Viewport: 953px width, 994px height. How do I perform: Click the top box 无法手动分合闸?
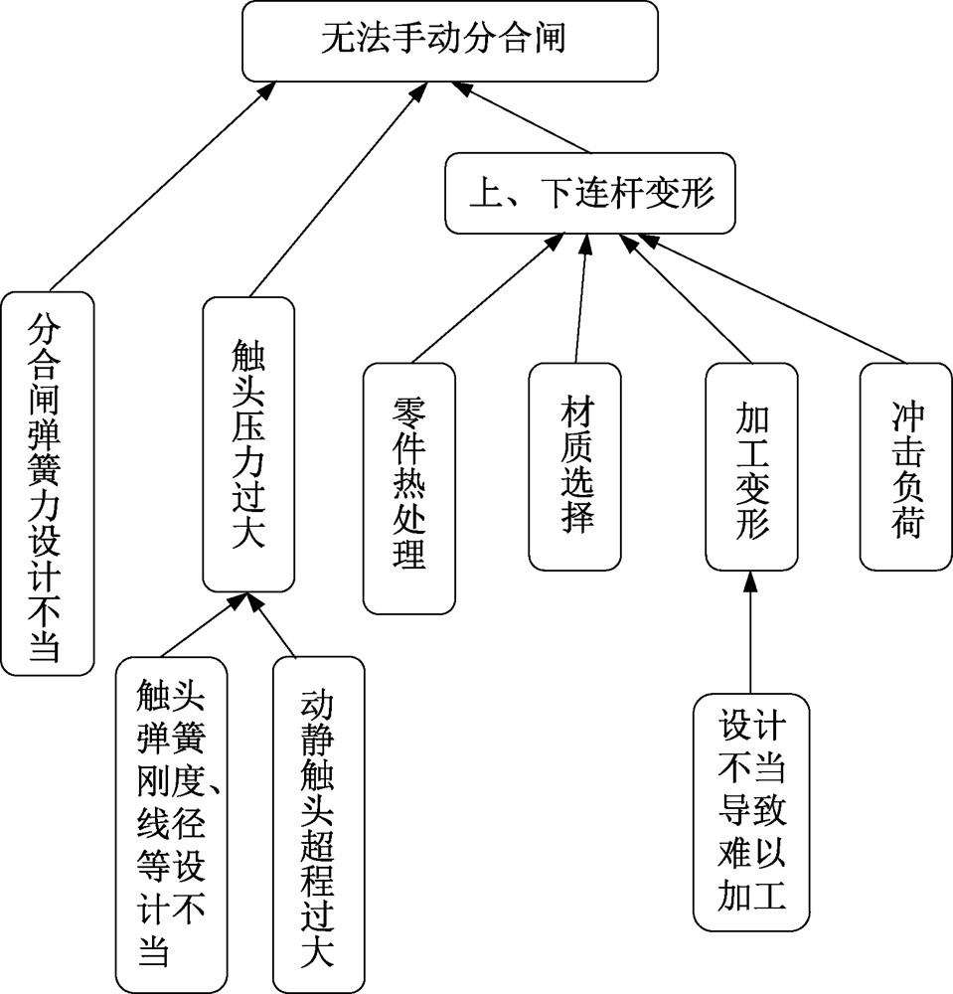point(450,41)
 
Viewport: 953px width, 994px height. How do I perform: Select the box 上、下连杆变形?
point(590,194)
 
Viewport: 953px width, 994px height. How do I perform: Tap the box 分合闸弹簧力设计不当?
point(47,482)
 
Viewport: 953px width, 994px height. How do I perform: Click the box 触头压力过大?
point(248,442)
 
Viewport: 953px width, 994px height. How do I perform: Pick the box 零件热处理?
point(408,487)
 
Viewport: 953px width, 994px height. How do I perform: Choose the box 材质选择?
point(574,466)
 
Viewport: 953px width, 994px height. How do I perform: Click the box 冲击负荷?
point(905,466)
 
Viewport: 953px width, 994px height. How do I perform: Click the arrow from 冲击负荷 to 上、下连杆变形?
point(775,298)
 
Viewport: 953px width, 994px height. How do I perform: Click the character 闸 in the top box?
point(550,41)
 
